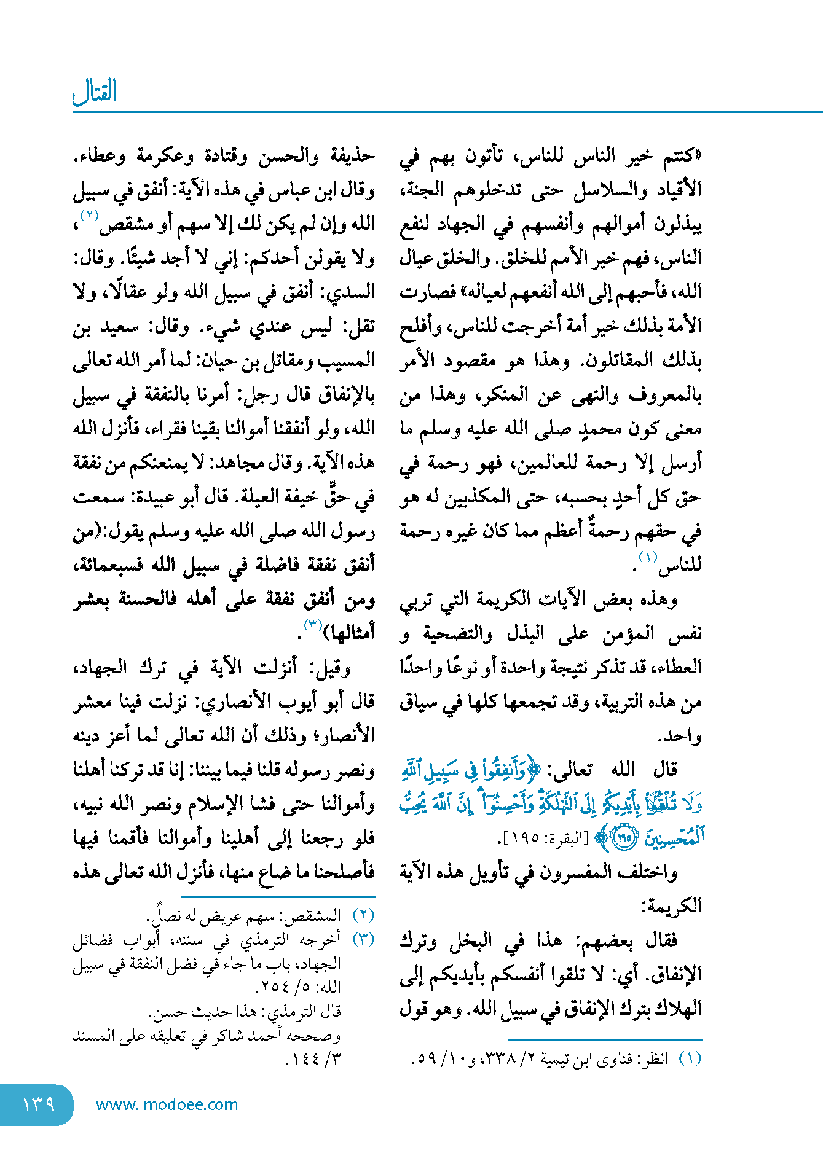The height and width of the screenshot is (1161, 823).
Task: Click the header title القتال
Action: click(x=95, y=92)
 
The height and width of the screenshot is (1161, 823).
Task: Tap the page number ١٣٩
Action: click(x=38, y=1104)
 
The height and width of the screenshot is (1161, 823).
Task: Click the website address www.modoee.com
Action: click(x=167, y=1104)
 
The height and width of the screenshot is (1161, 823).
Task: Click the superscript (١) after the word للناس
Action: click(x=648, y=558)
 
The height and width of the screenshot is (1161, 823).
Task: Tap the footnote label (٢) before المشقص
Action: click(x=363, y=915)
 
